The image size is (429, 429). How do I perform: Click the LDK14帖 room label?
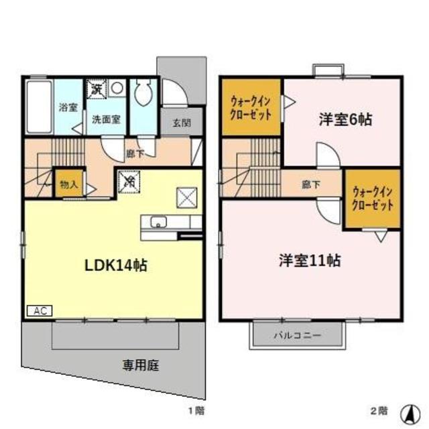[x=115, y=265]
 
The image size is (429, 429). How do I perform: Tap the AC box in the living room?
[x=38, y=311]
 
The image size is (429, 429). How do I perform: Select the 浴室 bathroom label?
[x=67, y=107]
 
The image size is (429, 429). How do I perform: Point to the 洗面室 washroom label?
[x=106, y=120]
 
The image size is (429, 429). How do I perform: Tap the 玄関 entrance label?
[x=181, y=123]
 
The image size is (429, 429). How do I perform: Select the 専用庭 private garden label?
[x=141, y=365]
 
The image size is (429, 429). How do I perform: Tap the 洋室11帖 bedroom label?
[x=309, y=260]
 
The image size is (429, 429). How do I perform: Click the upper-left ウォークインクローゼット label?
[x=251, y=108]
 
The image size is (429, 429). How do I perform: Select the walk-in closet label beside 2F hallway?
[x=372, y=199]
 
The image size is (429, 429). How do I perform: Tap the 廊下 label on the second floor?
[x=310, y=184]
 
